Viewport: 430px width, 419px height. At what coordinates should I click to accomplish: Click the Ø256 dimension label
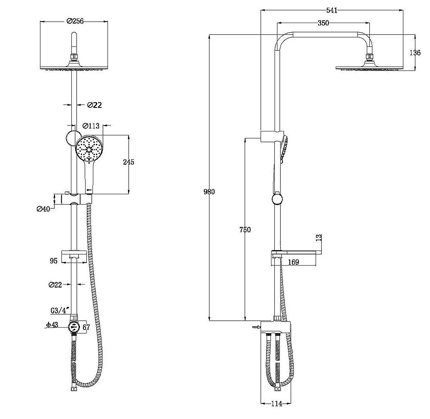pyautogui.click(x=75, y=21)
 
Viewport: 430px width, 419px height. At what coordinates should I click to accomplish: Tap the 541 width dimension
pyautogui.click(x=332, y=10)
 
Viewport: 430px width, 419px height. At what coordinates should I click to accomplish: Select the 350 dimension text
pyautogui.click(x=324, y=23)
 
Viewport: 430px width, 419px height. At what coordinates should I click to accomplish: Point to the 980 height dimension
pyautogui.click(x=209, y=192)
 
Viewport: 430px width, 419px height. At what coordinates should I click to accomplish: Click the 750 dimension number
pyautogui.click(x=245, y=229)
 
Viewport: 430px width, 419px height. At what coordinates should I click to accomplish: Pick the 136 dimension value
pyautogui.click(x=415, y=52)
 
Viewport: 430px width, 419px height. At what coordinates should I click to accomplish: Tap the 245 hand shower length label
pyautogui.click(x=128, y=162)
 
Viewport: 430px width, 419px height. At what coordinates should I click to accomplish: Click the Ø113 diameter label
pyautogui.click(x=91, y=126)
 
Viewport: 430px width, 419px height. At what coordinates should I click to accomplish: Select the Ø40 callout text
pyautogui.click(x=43, y=209)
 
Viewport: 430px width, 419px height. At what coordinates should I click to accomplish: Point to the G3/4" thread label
pyautogui.click(x=59, y=311)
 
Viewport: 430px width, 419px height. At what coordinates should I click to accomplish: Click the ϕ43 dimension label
pyautogui.click(x=52, y=325)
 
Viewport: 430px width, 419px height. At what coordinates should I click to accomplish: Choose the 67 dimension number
pyautogui.click(x=86, y=327)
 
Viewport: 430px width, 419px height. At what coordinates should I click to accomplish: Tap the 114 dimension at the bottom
pyautogui.click(x=276, y=404)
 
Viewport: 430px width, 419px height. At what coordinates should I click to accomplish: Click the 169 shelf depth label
pyautogui.click(x=293, y=262)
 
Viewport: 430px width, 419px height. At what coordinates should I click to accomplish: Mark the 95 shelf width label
pyautogui.click(x=54, y=260)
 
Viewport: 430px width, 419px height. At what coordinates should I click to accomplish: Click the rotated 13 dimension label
pyautogui.click(x=319, y=237)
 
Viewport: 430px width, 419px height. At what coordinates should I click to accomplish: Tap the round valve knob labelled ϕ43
pyautogui.click(x=74, y=327)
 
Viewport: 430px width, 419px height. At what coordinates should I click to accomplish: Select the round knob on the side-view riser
pyautogui.click(x=277, y=199)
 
